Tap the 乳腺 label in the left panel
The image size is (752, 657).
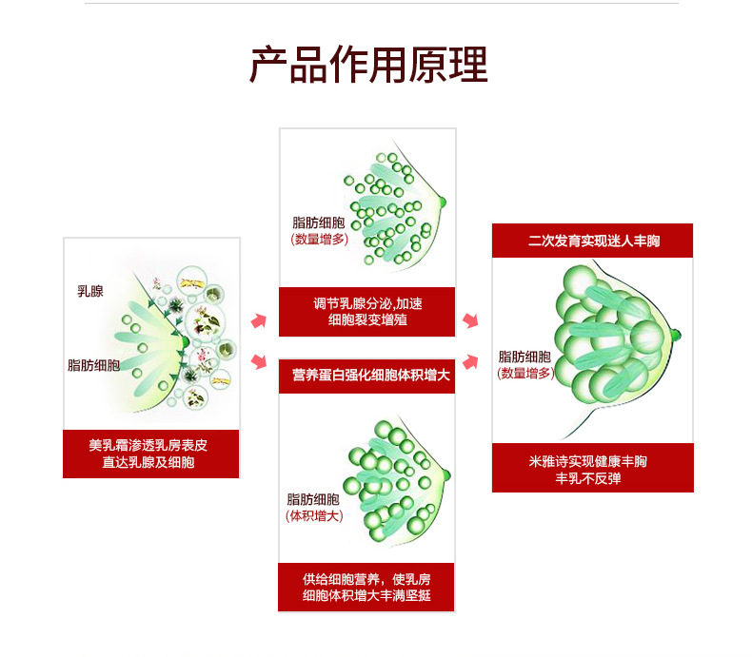coord(90,291)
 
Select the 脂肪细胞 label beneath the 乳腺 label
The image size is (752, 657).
coord(93,364)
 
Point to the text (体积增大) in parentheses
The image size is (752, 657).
coord(314,515)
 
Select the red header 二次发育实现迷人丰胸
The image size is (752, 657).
coord(592,241)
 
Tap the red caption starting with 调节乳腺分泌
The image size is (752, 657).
coord(366,312)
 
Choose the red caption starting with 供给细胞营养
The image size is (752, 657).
coord(366,587)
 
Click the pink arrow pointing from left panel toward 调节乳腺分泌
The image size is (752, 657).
coord(258,321)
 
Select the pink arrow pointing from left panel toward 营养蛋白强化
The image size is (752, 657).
coord(258,359)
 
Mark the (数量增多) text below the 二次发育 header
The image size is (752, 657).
coord(524,374)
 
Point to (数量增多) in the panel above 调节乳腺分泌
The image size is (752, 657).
coord(319,240)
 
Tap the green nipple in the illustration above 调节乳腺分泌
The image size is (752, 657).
coord(442,201)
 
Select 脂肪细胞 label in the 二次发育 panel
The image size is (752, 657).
coord(524,357)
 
